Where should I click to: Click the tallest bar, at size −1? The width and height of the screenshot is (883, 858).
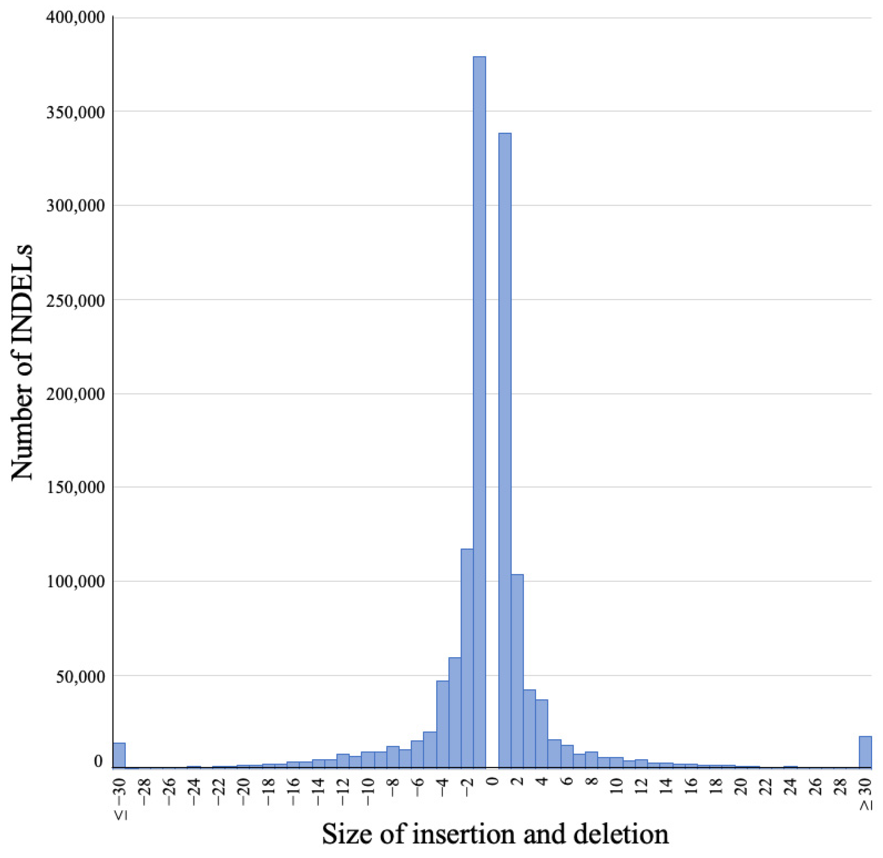click(x=479, y=406)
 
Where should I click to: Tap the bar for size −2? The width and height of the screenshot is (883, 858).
click(x=467, y=653)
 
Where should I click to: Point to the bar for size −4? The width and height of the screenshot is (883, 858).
click(x=442, y=721)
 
